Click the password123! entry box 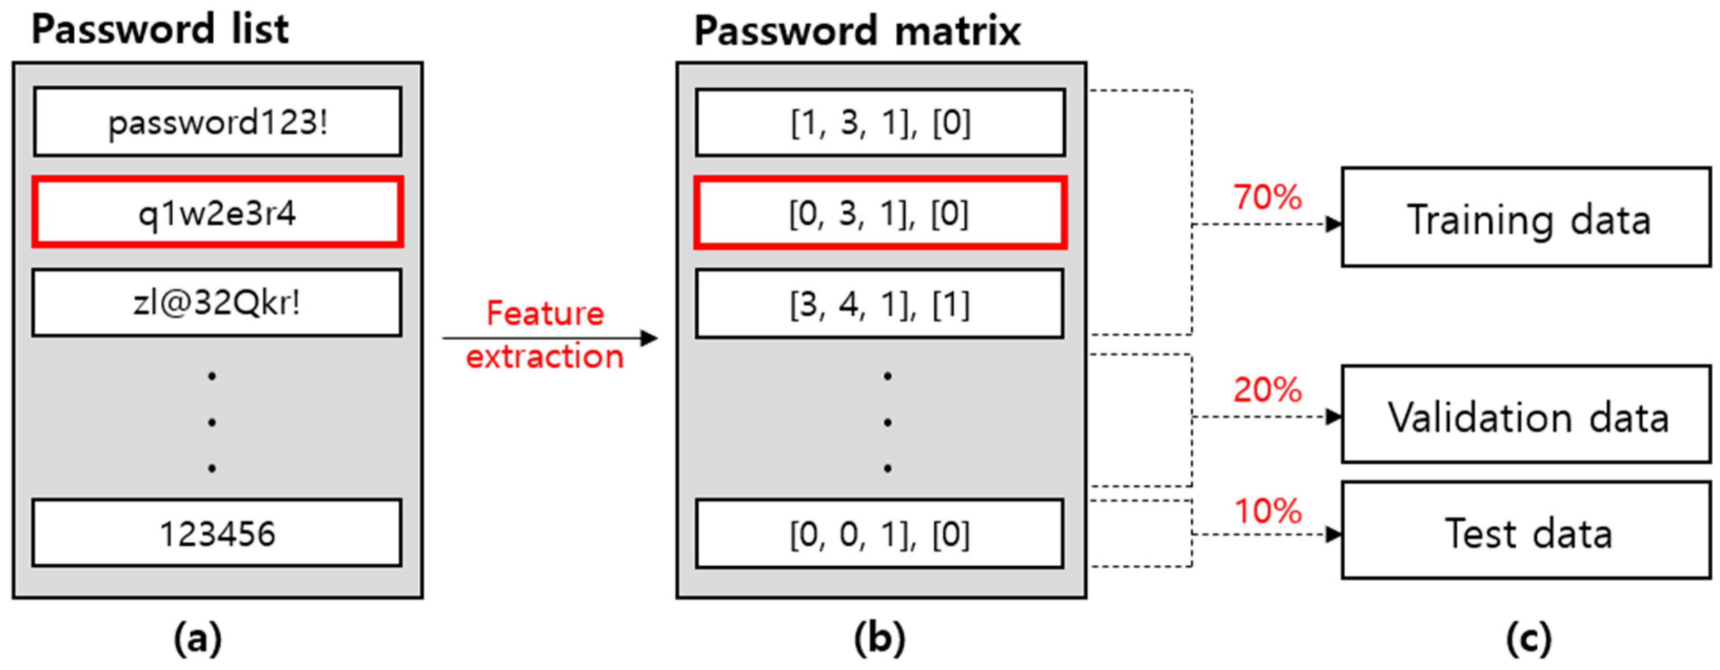point(218,122)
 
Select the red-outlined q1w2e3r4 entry point(218,213)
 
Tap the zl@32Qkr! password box point(218,303)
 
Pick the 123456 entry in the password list point(218,533)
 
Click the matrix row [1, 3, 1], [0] point(880,123)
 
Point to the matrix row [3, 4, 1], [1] point(880,304)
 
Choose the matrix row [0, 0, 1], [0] point(880,534)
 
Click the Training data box point(1526,217)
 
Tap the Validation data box point(1526,414)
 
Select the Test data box point(1526,531)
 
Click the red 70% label point(1267,197)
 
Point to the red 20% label point(1267,389)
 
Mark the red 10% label point(1267,511)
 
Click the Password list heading point(160,29)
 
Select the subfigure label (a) point(197,638)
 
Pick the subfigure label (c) point(1528,638)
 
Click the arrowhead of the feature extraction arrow point(648,338)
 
